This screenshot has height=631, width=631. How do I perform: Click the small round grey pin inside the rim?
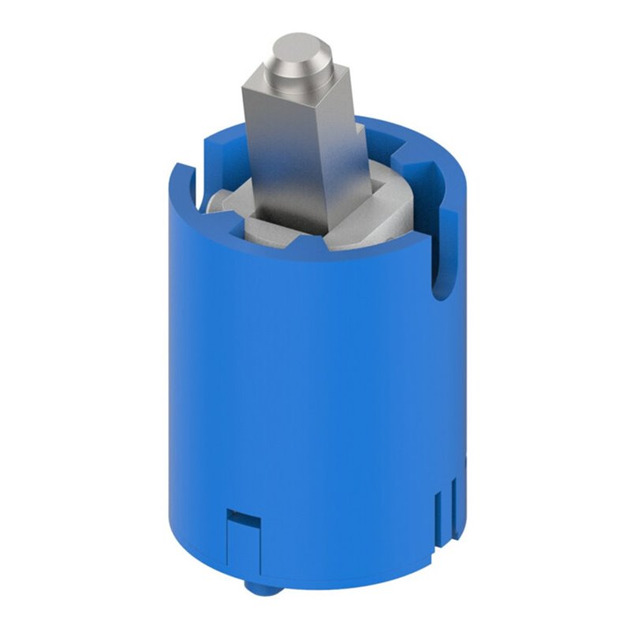click(211, 202)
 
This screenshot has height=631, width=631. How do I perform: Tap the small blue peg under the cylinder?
click(252, 587)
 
